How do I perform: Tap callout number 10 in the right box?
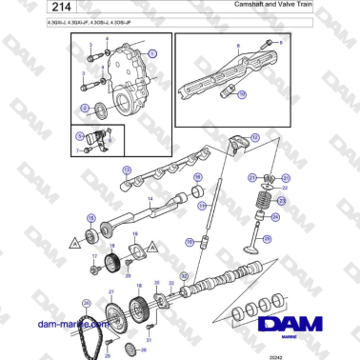point(241,94)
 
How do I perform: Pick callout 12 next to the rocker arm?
point(255,138)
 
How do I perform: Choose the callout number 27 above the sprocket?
point(110,291)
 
